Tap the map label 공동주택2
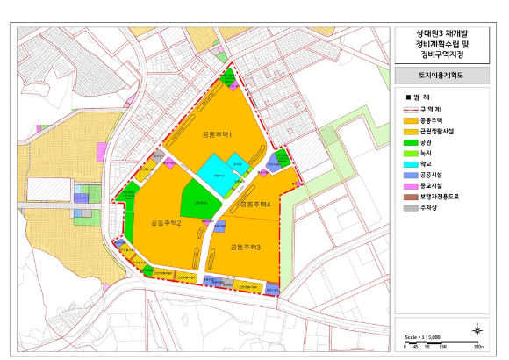coord(165,222)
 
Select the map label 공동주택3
coord(246,248)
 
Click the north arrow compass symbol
coord(477,330)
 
